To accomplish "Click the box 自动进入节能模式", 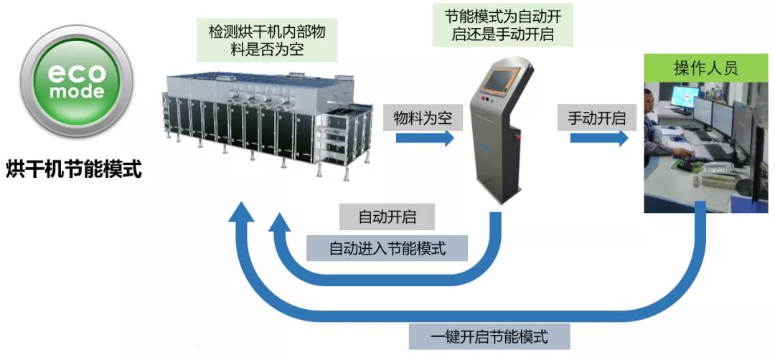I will [x=387, y=248].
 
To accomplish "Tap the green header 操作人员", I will [x=705, y=69].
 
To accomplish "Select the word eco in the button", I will [x=76, y=72].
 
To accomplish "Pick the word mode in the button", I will [x=76, y=91].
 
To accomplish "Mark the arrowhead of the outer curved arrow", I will [x=243, y=211].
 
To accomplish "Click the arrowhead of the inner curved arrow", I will [x=279, y=223].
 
